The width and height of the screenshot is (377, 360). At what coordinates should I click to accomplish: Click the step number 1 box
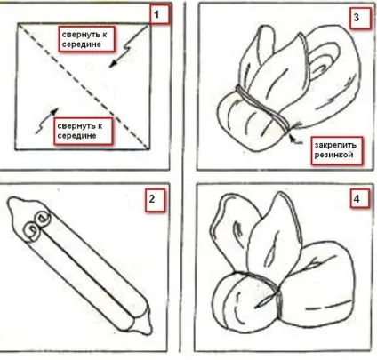pos(159,14)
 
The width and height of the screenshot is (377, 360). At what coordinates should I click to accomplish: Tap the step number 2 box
pos(155,199)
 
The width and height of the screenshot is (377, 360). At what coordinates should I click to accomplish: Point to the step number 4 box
pos(359,198)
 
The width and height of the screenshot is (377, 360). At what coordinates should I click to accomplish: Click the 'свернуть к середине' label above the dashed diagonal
pos(86,39)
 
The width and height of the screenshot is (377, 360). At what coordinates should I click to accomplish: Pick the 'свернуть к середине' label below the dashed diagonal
pos(83,131)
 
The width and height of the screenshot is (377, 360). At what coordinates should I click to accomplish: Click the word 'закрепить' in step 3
pos(335,146)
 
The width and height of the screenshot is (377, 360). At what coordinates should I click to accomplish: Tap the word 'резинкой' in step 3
pos(333,155)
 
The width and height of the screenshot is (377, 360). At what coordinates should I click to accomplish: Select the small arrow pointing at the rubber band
pos(295,139)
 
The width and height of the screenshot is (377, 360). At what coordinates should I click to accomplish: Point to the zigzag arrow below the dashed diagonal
pos(47,122)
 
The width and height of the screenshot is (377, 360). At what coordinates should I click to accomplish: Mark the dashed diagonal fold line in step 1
pos(83,86)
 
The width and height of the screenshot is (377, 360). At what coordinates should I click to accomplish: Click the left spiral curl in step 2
pos(31,231)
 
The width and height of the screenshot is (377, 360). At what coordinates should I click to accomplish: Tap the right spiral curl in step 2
pos(43,220)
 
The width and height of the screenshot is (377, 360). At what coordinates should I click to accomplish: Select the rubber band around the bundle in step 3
pos(262,108)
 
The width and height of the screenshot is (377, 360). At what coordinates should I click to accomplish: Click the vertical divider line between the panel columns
pos(182,178)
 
